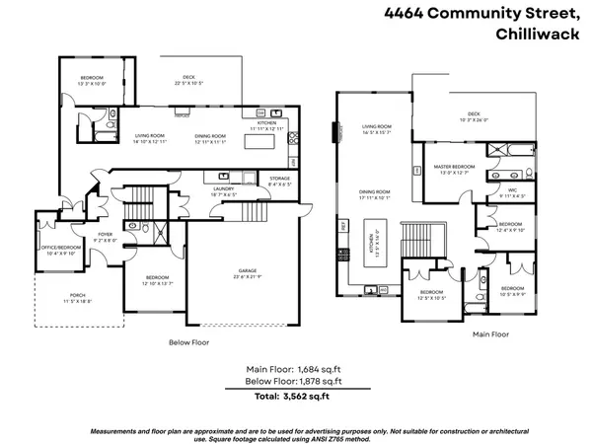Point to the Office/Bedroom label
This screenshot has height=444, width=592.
tap(62, 248)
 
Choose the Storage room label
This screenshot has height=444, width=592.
tap(279, 180)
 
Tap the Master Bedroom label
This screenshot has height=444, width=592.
tap(455, 167)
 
